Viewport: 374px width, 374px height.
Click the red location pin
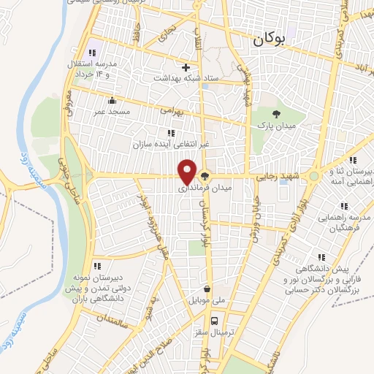(188, 172)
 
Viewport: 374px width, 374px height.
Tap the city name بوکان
(267, 41)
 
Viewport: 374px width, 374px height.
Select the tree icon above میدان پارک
(275, 114)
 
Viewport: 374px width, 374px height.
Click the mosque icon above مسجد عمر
(112, 100)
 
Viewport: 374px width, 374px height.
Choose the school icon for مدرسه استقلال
(92, 53)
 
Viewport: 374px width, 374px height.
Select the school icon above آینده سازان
(171, 133)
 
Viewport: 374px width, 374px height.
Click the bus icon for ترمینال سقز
(214, 321)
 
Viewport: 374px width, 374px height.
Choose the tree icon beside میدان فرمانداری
(205, 175)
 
